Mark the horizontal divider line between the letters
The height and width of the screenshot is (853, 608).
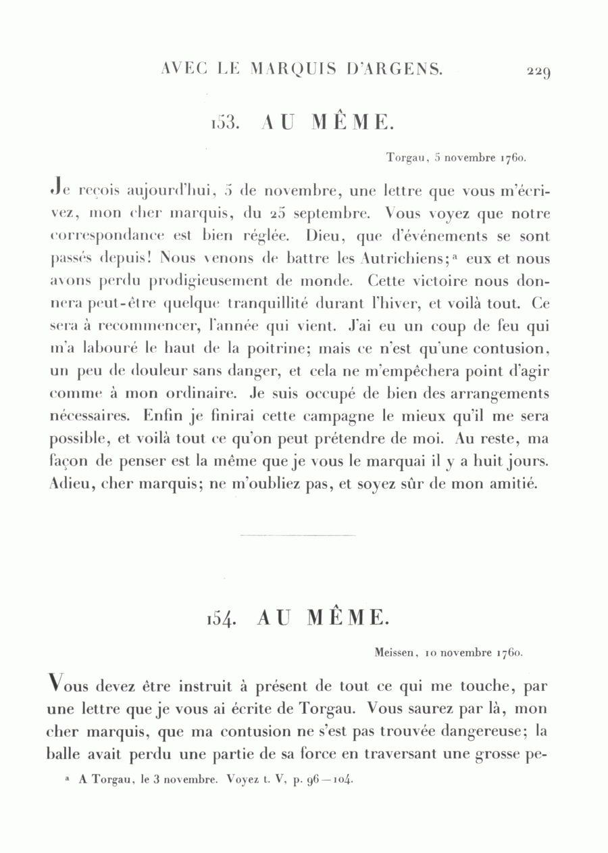pos(298,536)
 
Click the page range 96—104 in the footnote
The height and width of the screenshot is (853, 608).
pos(329,779)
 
